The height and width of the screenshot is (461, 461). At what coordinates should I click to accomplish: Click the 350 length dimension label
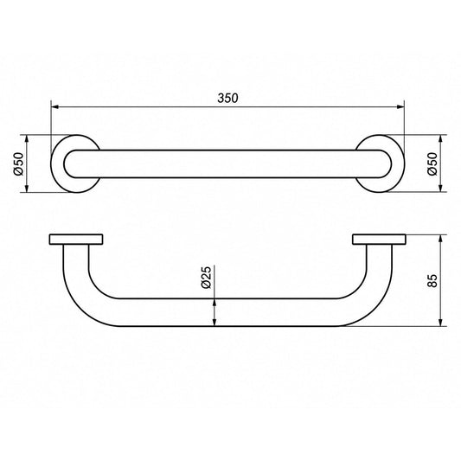pyautogui.click(x=227, y=99)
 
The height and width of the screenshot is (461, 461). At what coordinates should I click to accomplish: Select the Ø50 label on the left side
pyautogui.click(x=18, y=163)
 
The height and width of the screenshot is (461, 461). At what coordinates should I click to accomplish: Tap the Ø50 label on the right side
pyautogui.click(x=432, y=163)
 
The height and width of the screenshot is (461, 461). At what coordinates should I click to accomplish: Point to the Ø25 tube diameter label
pyautogui.click(x=207, y=278)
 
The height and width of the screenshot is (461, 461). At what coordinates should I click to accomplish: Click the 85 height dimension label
pyautogui.click(x=432, y=280)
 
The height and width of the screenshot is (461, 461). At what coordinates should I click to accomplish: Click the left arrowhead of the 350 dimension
pyautogui.click(x=55, y=107)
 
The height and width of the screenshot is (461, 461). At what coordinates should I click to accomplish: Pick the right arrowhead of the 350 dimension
pyautogui.click(x=400, y=107)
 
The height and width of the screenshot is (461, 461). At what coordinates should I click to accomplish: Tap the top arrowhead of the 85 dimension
pyautogui.click(x=440, y=239)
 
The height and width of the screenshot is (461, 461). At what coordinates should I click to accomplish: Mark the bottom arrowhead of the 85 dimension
pyautogui.click(x=440, y=322)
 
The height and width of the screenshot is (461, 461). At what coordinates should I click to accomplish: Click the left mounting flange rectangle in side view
pyautogui.click(x=76, y=240)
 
